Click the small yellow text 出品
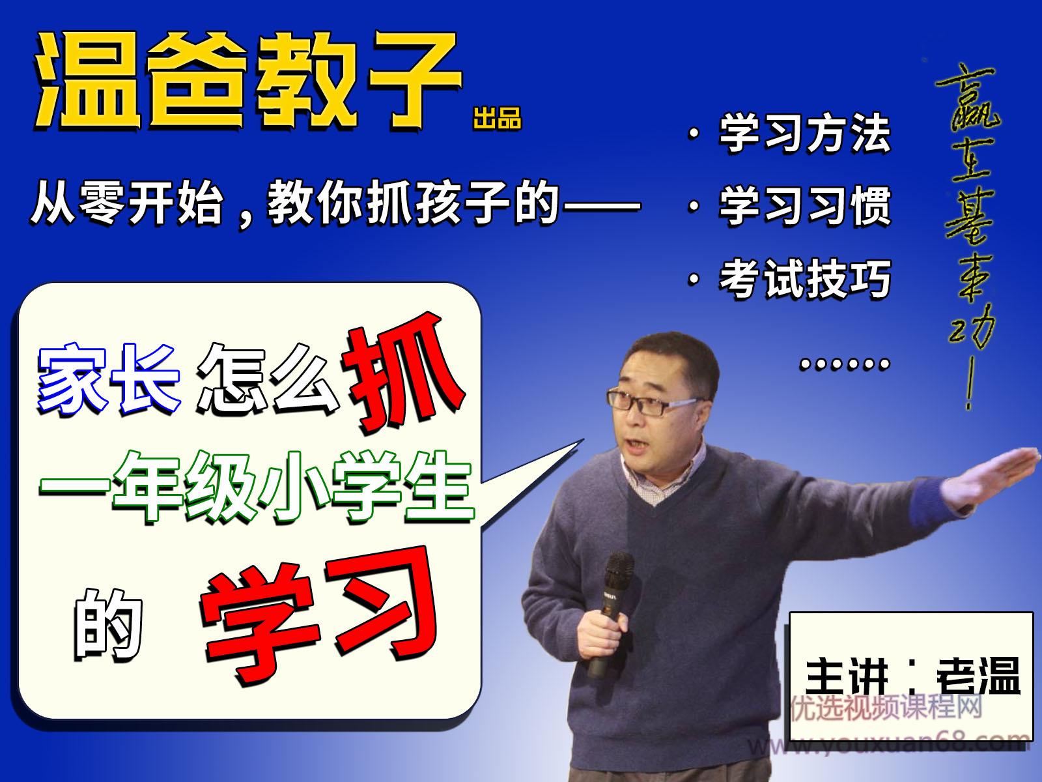498,121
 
